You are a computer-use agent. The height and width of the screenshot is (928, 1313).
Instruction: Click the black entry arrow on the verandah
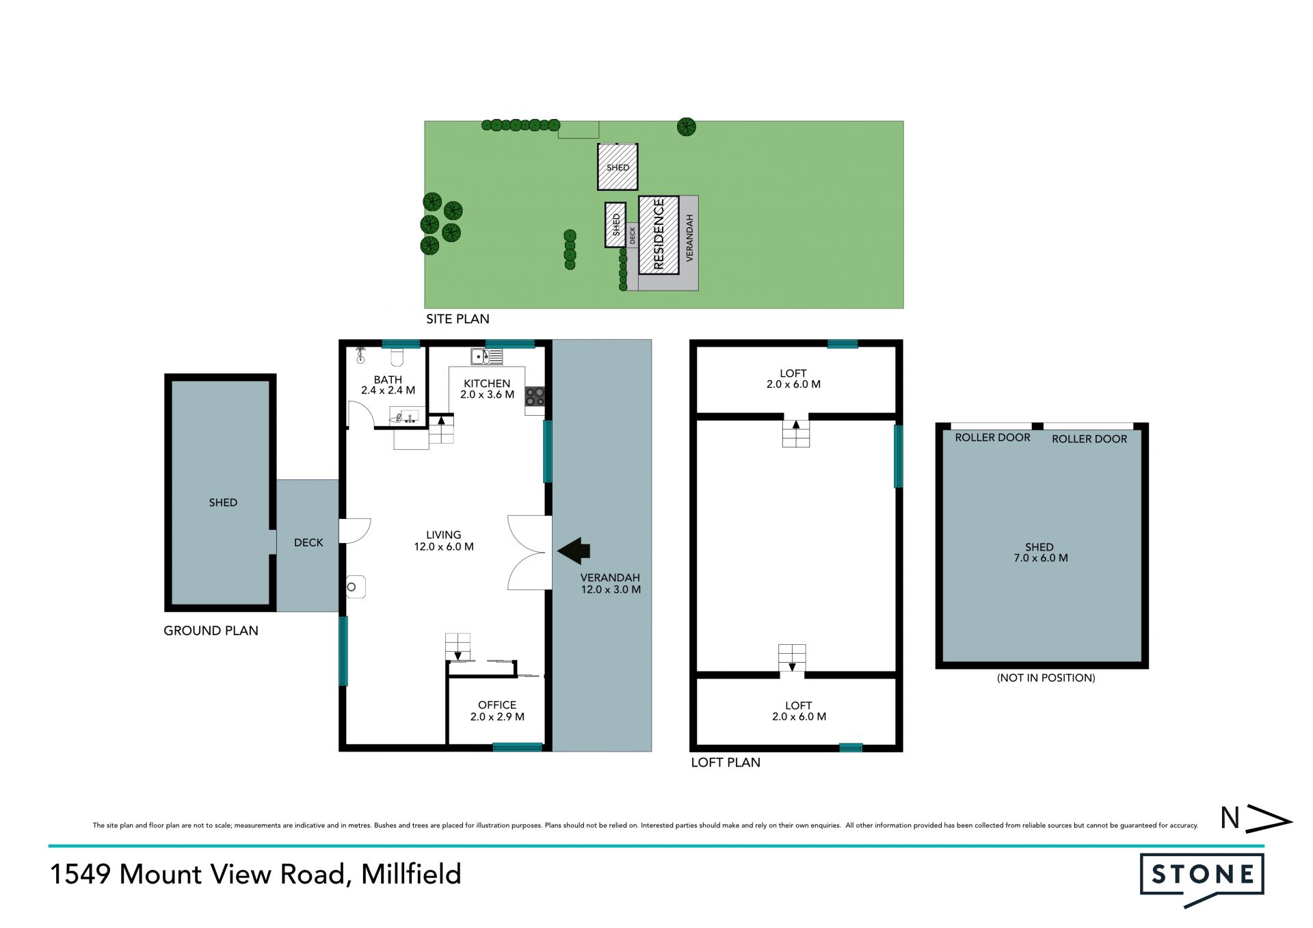[574, 551]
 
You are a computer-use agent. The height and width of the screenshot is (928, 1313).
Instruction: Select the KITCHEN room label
[487, 384]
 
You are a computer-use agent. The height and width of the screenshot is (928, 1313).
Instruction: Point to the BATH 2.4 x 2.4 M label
[388, 385]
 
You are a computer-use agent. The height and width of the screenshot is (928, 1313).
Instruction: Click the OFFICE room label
[497, 705]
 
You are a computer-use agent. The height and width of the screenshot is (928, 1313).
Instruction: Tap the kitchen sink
[486, 356]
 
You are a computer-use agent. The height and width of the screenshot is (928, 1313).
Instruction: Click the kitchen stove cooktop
[535, 397]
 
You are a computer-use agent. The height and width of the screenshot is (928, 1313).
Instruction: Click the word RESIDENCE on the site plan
[659, 234]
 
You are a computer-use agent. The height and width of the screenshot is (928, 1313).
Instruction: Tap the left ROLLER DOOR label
[992, 438]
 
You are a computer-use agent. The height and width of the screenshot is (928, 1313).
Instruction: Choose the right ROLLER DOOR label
[1089, 439]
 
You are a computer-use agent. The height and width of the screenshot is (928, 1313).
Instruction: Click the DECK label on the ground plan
[308, 542]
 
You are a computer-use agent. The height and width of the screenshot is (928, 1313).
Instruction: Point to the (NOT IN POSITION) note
[1046, 678]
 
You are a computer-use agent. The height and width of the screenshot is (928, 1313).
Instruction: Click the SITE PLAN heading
[457, 319]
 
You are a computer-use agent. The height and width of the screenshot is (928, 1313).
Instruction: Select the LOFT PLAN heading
[726, 763]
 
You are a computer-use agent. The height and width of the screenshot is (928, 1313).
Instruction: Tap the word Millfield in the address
[411, 874]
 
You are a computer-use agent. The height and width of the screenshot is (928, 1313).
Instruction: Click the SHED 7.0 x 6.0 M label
[1040, 553]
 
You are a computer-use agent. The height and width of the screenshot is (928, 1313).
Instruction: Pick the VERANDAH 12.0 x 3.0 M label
[611, 583]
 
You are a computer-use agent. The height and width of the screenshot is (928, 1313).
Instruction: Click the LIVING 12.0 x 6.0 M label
[444, 541]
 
